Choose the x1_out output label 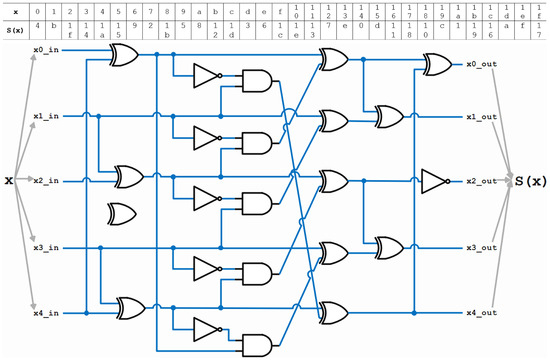[481, 117]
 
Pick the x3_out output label [481, 248]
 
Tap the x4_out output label [481, 314]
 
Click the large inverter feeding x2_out [435, 181]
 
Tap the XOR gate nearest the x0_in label [124, 59]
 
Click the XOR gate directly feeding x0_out [437, 66]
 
